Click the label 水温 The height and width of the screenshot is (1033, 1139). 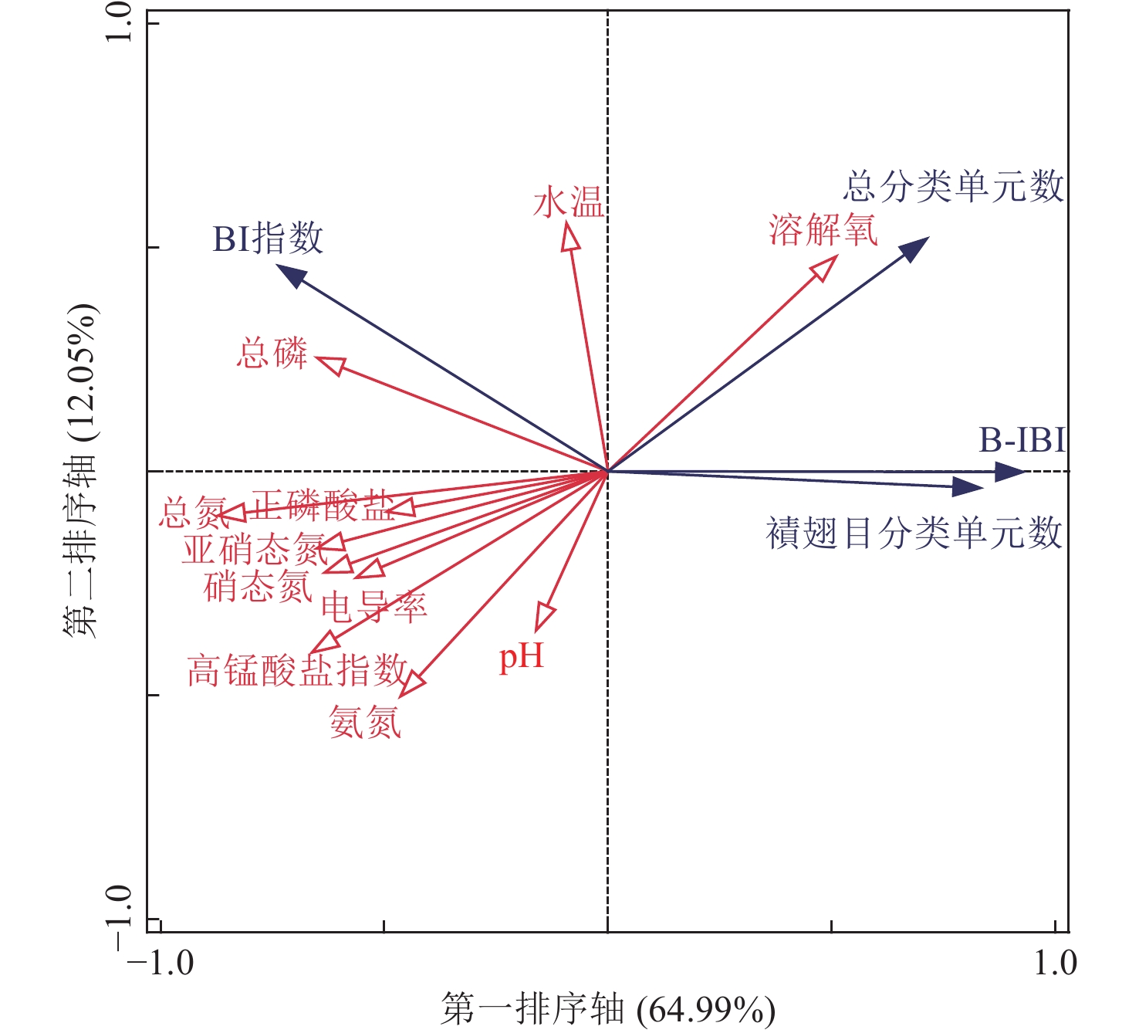point(569,203)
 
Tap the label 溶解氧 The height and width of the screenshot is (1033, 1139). point(823,229)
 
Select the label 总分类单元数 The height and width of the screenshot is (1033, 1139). point(953,187)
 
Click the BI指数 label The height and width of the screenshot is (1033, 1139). point(268,239)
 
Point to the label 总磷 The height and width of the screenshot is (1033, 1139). point(272,354)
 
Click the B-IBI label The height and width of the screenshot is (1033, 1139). point(1022,440)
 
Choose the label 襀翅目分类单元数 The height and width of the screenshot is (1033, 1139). point(914,533)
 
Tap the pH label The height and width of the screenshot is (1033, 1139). point(522,657)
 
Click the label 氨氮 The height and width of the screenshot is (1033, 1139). point(365,723)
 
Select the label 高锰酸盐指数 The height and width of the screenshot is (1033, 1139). point(297,670)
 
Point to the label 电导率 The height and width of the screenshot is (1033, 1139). point(373,608)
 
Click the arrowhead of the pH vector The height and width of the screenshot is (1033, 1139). point(544,617)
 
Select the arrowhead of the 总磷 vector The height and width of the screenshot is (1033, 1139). point(330,364)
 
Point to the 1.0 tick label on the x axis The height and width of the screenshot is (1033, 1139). point(1055,963)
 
